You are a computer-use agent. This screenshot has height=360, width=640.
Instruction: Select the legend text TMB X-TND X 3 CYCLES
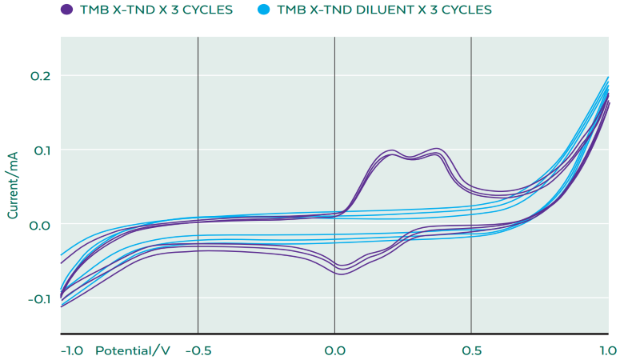click(156, 10)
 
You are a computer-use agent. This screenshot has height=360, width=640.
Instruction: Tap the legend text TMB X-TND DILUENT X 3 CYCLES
click(384, 10)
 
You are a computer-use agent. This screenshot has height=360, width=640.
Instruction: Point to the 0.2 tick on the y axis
click(41, 76)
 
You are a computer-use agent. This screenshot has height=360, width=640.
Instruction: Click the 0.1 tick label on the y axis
click(41, 150)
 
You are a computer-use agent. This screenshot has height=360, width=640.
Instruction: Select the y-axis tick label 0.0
click(40, 225)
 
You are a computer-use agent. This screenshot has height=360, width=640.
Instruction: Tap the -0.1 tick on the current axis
click(39, 299)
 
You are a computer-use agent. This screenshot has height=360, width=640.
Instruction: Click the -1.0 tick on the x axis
click(72, 350)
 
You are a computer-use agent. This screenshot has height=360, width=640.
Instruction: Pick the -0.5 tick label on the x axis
click(198, 350)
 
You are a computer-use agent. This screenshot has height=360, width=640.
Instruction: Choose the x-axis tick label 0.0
click(334, 350)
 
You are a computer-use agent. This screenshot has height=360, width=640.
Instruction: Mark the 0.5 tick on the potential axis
click(472, 350)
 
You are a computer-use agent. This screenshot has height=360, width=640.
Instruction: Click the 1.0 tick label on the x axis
click(608, 350)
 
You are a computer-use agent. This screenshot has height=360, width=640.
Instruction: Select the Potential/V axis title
click(133, 350)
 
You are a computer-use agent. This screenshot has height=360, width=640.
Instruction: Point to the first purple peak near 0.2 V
click(392, 150)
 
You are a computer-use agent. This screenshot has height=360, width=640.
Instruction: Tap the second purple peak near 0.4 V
click(437, 149)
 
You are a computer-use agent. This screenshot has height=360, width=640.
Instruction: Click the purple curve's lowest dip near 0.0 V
click(342, 274)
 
